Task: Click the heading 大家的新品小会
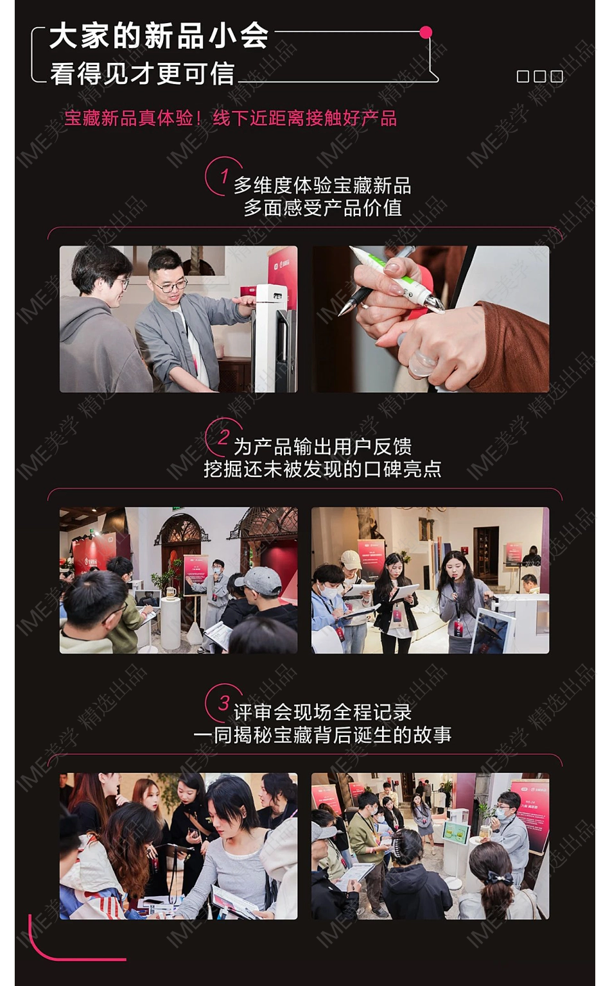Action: pyautogui.click(x=159, y=35)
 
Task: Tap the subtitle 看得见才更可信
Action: pyautogui.click(x=143, y=73)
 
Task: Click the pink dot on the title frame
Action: pyautogui.click(x=425, y=32)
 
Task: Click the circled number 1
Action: pyautogui.click(x=223, y=175)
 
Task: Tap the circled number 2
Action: pyautogui.click(x=223, y=437)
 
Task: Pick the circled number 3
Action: pyautogui.click(x=223, y=703)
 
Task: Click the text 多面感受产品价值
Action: pyautogui.click(x=322, y=207)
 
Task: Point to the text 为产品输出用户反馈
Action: pyautogui.click(x=322, y=446)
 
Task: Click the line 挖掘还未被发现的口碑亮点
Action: pyautogui.click(x=322, y=469)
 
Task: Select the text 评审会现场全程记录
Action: pyautogui.click(x=322, y=712)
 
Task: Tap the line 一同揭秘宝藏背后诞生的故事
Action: pyautogui.click(x=322, y=735)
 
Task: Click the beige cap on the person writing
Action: pyautogui.click(x=351, y=558)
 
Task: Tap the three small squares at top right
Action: pyautogui.click(x=539, y=76)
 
